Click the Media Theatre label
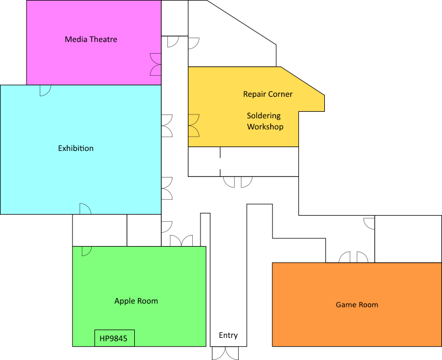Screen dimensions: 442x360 coord(91,39)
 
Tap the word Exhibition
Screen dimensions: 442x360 coord(76,148)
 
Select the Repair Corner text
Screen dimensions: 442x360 coord(268,94)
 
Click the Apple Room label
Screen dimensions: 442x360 coord(136,301)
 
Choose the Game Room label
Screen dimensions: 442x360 coord(357,305)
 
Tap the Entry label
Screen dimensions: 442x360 coord(228,335)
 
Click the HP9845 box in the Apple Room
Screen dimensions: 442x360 coord(114,338)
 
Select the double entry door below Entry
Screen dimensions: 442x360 coord(226,353)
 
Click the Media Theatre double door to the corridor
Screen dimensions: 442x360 coord(156,64)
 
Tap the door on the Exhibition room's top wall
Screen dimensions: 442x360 coord(45,90)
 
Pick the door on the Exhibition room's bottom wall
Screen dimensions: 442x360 coord(85,209)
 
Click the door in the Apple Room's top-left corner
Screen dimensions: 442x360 coord(86,251)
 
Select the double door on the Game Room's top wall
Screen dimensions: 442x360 coord(354,257)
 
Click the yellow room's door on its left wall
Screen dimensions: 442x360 coord(193,126)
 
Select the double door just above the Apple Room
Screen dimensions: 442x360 coord(181,241)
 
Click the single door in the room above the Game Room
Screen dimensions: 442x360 coord(369,223)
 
